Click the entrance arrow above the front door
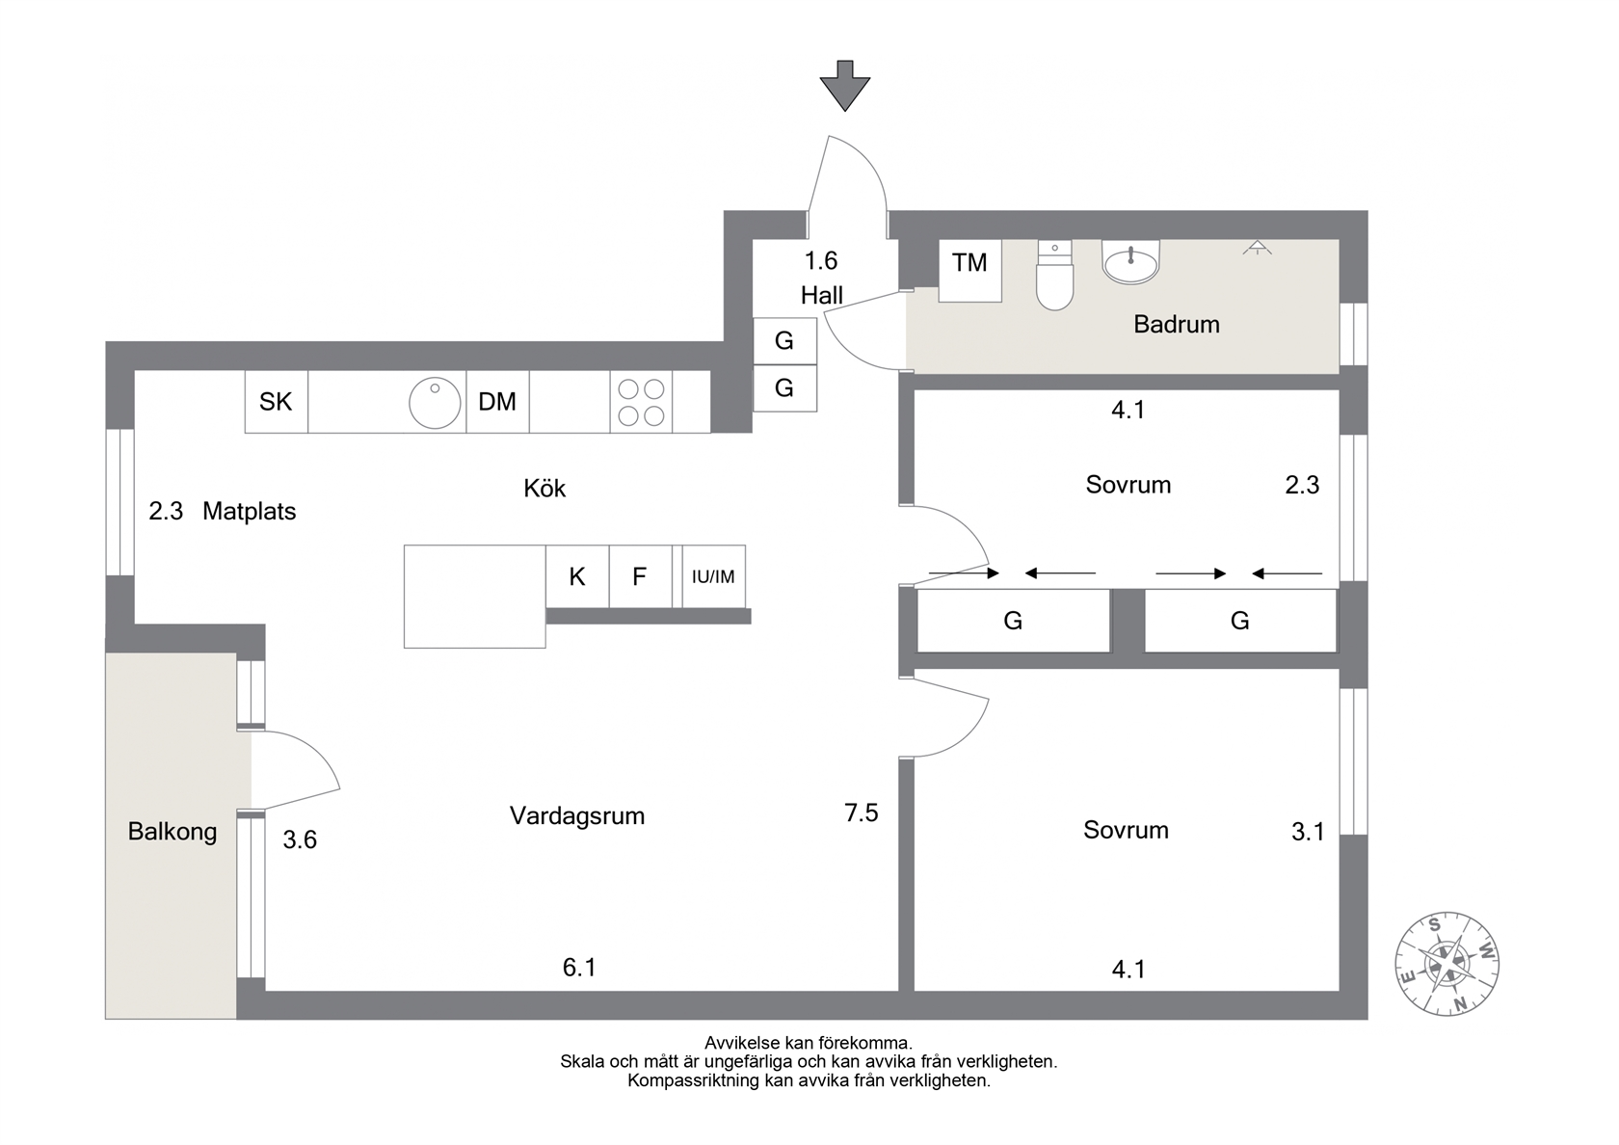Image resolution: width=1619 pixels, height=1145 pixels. click(844, 85)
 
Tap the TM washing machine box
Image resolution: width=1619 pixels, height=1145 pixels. click(969, 270)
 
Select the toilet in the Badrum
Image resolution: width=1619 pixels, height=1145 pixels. click(1054, 276)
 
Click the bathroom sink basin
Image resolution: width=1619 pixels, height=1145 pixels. click(1130, 262)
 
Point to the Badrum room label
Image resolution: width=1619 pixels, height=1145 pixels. click(1176, 324)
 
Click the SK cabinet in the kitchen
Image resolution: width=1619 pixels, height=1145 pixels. click(276, 402)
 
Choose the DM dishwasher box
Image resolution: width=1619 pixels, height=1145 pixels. click(497, 402)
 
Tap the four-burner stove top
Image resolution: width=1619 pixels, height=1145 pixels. click(641, 402)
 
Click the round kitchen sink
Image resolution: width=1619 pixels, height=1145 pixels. click(435, 403)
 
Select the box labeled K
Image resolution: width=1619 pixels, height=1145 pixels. click(576, 576)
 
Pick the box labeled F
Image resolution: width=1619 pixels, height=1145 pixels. click(640, 576)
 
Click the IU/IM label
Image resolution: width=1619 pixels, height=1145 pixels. click(713, 576)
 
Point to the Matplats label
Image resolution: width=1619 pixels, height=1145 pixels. click(250, 511)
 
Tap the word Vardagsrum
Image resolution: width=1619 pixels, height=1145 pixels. click(576, 815)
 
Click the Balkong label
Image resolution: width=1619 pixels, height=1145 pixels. click(172, 831)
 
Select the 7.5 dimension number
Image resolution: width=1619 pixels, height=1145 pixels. click(861, 812)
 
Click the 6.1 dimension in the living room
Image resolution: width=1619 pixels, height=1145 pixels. click(579, 968)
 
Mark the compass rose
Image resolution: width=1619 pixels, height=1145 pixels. click(1447, 964)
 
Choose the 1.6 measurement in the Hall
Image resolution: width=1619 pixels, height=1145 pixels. click(821, 260)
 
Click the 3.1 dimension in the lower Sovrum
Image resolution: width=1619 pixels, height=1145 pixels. click(1309, 832)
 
